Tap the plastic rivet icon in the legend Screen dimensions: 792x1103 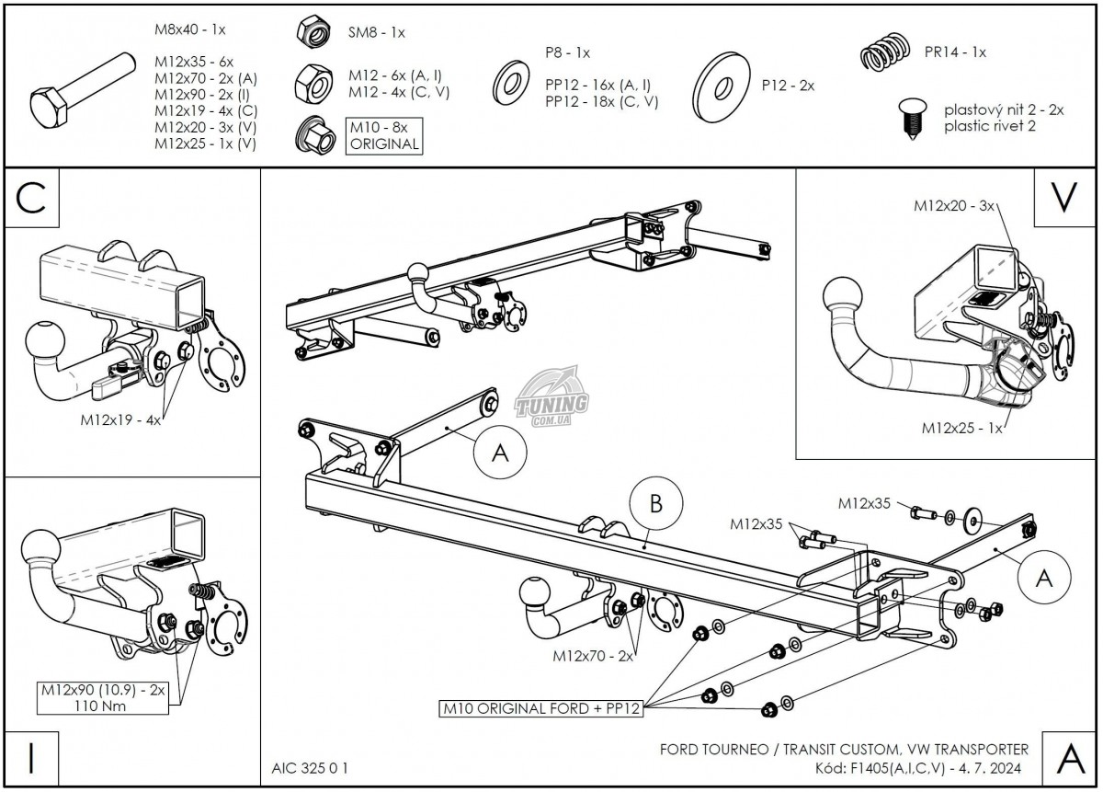click(911, 118)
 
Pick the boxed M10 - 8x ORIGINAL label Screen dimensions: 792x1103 click(383, 135)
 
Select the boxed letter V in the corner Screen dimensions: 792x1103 click(1063, 198)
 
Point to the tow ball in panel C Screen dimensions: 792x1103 click(45, 342)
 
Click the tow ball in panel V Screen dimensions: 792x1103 click(844, 298)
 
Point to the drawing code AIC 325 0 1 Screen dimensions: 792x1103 click(310, 766)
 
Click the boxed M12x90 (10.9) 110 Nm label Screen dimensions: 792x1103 click(102, 696)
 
